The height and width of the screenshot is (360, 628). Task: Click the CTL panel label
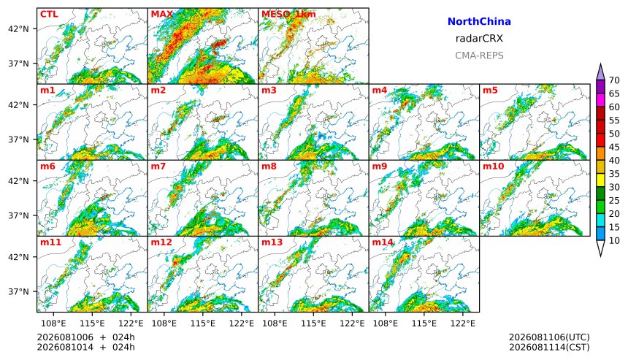(x=49, y=14)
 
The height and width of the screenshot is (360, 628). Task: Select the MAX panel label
(x=162, y=14)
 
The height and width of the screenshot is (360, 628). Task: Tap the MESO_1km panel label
(x=288, y=15)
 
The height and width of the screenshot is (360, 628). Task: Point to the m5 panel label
(x=490, y=90)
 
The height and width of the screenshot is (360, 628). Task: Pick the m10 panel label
(x=493, y=166)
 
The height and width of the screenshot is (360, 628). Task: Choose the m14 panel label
(x=383, y=242)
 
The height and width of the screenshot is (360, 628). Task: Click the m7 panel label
(x=158, y=166)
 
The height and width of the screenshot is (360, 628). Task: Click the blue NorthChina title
(x=479, y=22)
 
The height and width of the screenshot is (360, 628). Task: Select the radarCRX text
(x=479, y=39)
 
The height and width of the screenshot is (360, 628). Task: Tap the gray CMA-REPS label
(x=479, y=55)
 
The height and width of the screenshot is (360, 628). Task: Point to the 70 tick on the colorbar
(x=614, y=80)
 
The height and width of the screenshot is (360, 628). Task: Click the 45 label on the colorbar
(x=614, y=148)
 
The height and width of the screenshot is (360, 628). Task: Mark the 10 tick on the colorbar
(x=614, y=241)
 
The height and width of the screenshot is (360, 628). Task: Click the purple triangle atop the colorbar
(x=600, y=72)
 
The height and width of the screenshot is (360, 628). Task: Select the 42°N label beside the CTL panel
(x=20, y=28)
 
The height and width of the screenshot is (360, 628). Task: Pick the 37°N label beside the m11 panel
(x=20, y=291)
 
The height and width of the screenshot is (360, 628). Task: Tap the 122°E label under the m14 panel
(x=463, y=323)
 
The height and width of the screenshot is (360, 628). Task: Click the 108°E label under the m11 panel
(x=53, y=323)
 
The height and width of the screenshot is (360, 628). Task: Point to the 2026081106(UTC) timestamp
(x=549, y=337)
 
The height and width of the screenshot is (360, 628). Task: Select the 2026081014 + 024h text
(x=85, y=347)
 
